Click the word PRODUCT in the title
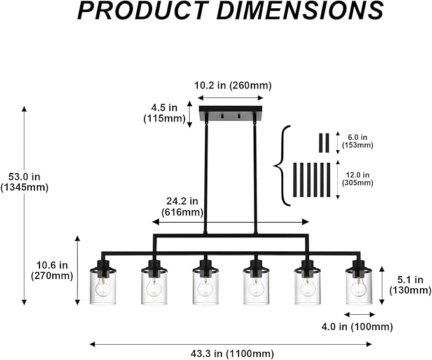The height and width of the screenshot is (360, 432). click(x=143, y=10)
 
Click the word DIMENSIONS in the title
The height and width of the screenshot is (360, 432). click(x=300, y=10)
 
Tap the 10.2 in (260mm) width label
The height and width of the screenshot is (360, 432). click(x=233, y=85)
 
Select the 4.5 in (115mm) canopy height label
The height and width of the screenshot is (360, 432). click(x=165, y=113)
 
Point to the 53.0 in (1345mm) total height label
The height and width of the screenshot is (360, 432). click(x=24, y=182)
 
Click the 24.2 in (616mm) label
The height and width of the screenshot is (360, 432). click(x=182, y=207)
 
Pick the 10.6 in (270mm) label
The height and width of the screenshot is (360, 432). click(x=52, y=270)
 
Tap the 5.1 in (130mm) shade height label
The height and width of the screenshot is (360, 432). click(x=410, y=285)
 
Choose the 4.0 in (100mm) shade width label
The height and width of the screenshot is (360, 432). click(x=357, y=327)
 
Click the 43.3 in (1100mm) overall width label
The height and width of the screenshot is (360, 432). click(x=232, y=353)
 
